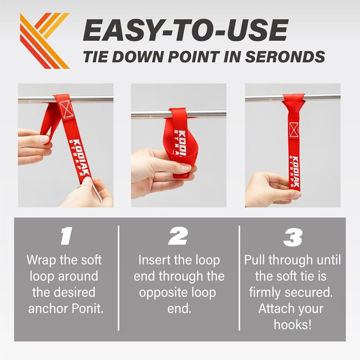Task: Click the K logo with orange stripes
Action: point(45,40)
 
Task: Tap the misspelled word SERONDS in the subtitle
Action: point(285,57)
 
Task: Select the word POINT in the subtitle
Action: point(194,57)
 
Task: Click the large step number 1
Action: point(66,235)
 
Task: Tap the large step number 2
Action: point(178,235)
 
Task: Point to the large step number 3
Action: point(293,237)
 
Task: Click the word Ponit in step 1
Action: point(87,308)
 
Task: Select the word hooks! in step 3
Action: point(293,324)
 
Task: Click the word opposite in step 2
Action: point(161,293)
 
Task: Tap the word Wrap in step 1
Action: point(41,261)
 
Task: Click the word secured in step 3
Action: point(308,292)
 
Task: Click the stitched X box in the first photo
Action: point(67,109)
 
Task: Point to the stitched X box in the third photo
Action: point(294,130)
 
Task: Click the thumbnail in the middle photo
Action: point(186,167)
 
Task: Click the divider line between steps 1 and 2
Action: point(118,278)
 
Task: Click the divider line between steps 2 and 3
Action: point(239,278)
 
